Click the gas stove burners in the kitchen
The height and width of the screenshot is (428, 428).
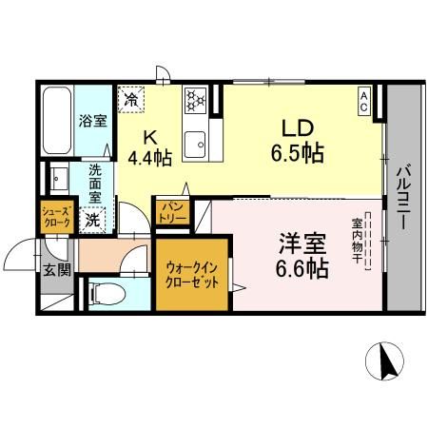196,98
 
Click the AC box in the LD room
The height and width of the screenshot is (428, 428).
365,98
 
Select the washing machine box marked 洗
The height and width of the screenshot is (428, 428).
93,218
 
